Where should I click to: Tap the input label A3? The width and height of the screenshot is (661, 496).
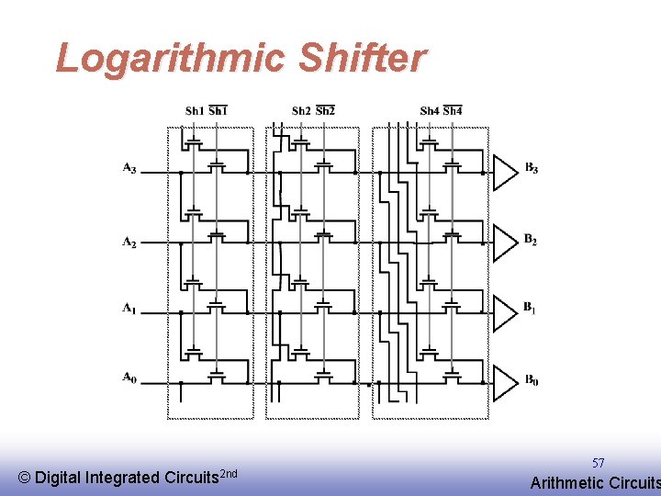129,169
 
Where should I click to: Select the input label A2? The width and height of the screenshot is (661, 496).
129,242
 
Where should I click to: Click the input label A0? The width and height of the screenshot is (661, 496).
129,378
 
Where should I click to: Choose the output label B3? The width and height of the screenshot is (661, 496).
532,168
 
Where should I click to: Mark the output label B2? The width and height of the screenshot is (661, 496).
532,240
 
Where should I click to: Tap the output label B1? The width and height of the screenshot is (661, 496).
532,308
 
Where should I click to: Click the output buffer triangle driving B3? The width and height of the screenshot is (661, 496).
505,172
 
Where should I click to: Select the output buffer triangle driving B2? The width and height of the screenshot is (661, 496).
505,242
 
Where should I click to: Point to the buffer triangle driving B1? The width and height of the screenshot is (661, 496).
505,312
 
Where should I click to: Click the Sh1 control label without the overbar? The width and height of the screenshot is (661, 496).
194,111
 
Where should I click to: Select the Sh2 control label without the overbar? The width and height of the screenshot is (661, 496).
301,111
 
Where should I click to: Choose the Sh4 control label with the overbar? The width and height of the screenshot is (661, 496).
453,111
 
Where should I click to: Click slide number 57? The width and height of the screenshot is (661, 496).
598,464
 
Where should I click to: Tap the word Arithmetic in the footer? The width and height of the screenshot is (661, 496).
567,483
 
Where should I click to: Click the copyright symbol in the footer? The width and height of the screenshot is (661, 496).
25,478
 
